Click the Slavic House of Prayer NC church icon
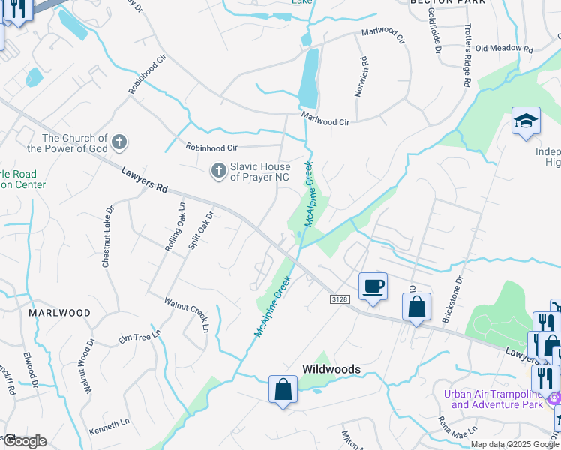coord(218,172)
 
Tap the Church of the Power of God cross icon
coord(118,142)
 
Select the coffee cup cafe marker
coord(373,286)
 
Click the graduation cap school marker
coord(526,121)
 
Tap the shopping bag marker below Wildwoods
coord(282,389)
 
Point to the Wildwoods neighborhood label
coord(331,369)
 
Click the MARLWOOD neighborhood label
coord(60,312)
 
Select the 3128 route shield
coord(340,298)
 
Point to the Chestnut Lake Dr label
coord(107,237)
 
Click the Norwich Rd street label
coord(364,76)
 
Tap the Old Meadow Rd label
coord(503,49)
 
